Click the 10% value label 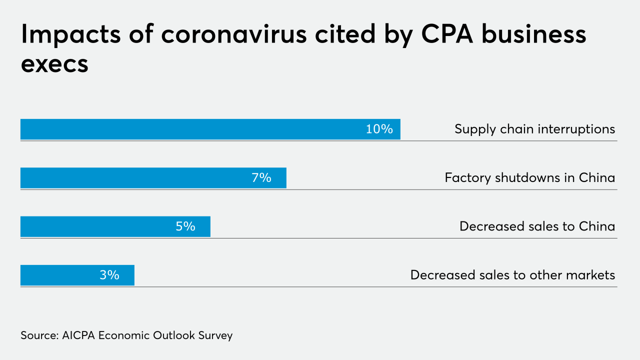(x=379, y=129)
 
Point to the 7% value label (x=261, y=178)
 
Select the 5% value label (x=185, y=226)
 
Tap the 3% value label (x=109, y=275)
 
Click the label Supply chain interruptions (x=534, y=129)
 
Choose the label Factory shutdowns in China (x=529, y=178)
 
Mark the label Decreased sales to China (x=537, y=226)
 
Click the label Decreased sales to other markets (x=512, y=275)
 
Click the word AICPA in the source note (x=79, y=335)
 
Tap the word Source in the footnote (x=38, y=335)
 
